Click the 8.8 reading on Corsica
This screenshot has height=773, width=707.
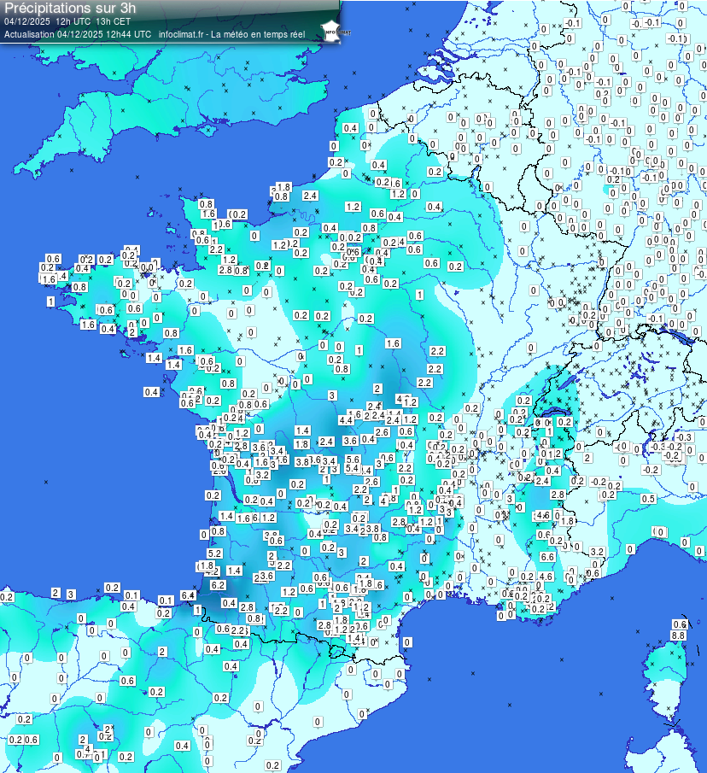click(x=679, y=635)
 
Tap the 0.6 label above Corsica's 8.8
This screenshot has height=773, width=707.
click(x=680, y=624)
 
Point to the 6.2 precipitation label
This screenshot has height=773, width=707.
click(x=218, y=585)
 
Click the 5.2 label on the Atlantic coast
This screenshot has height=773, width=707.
click(x=214, y=553)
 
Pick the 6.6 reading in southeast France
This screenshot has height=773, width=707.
click(x=547, y=556)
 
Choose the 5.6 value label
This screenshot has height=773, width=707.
click(x=353, y=460)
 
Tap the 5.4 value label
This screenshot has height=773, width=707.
click(x=352, y=469)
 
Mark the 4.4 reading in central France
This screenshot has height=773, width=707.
click(x=346, y=420)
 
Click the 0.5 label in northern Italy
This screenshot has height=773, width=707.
click(x=648, y=499)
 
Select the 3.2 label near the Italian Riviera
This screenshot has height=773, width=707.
click(x=598, y=552)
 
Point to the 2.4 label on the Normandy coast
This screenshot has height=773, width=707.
click(x=310, y=196)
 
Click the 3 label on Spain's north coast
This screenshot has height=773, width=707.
click(x=72, y=594)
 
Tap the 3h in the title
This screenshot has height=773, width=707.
click(x=128, y=7)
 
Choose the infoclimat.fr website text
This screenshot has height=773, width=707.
click(x=183, y=34)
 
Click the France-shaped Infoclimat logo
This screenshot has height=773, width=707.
click(x=330, y=30)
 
